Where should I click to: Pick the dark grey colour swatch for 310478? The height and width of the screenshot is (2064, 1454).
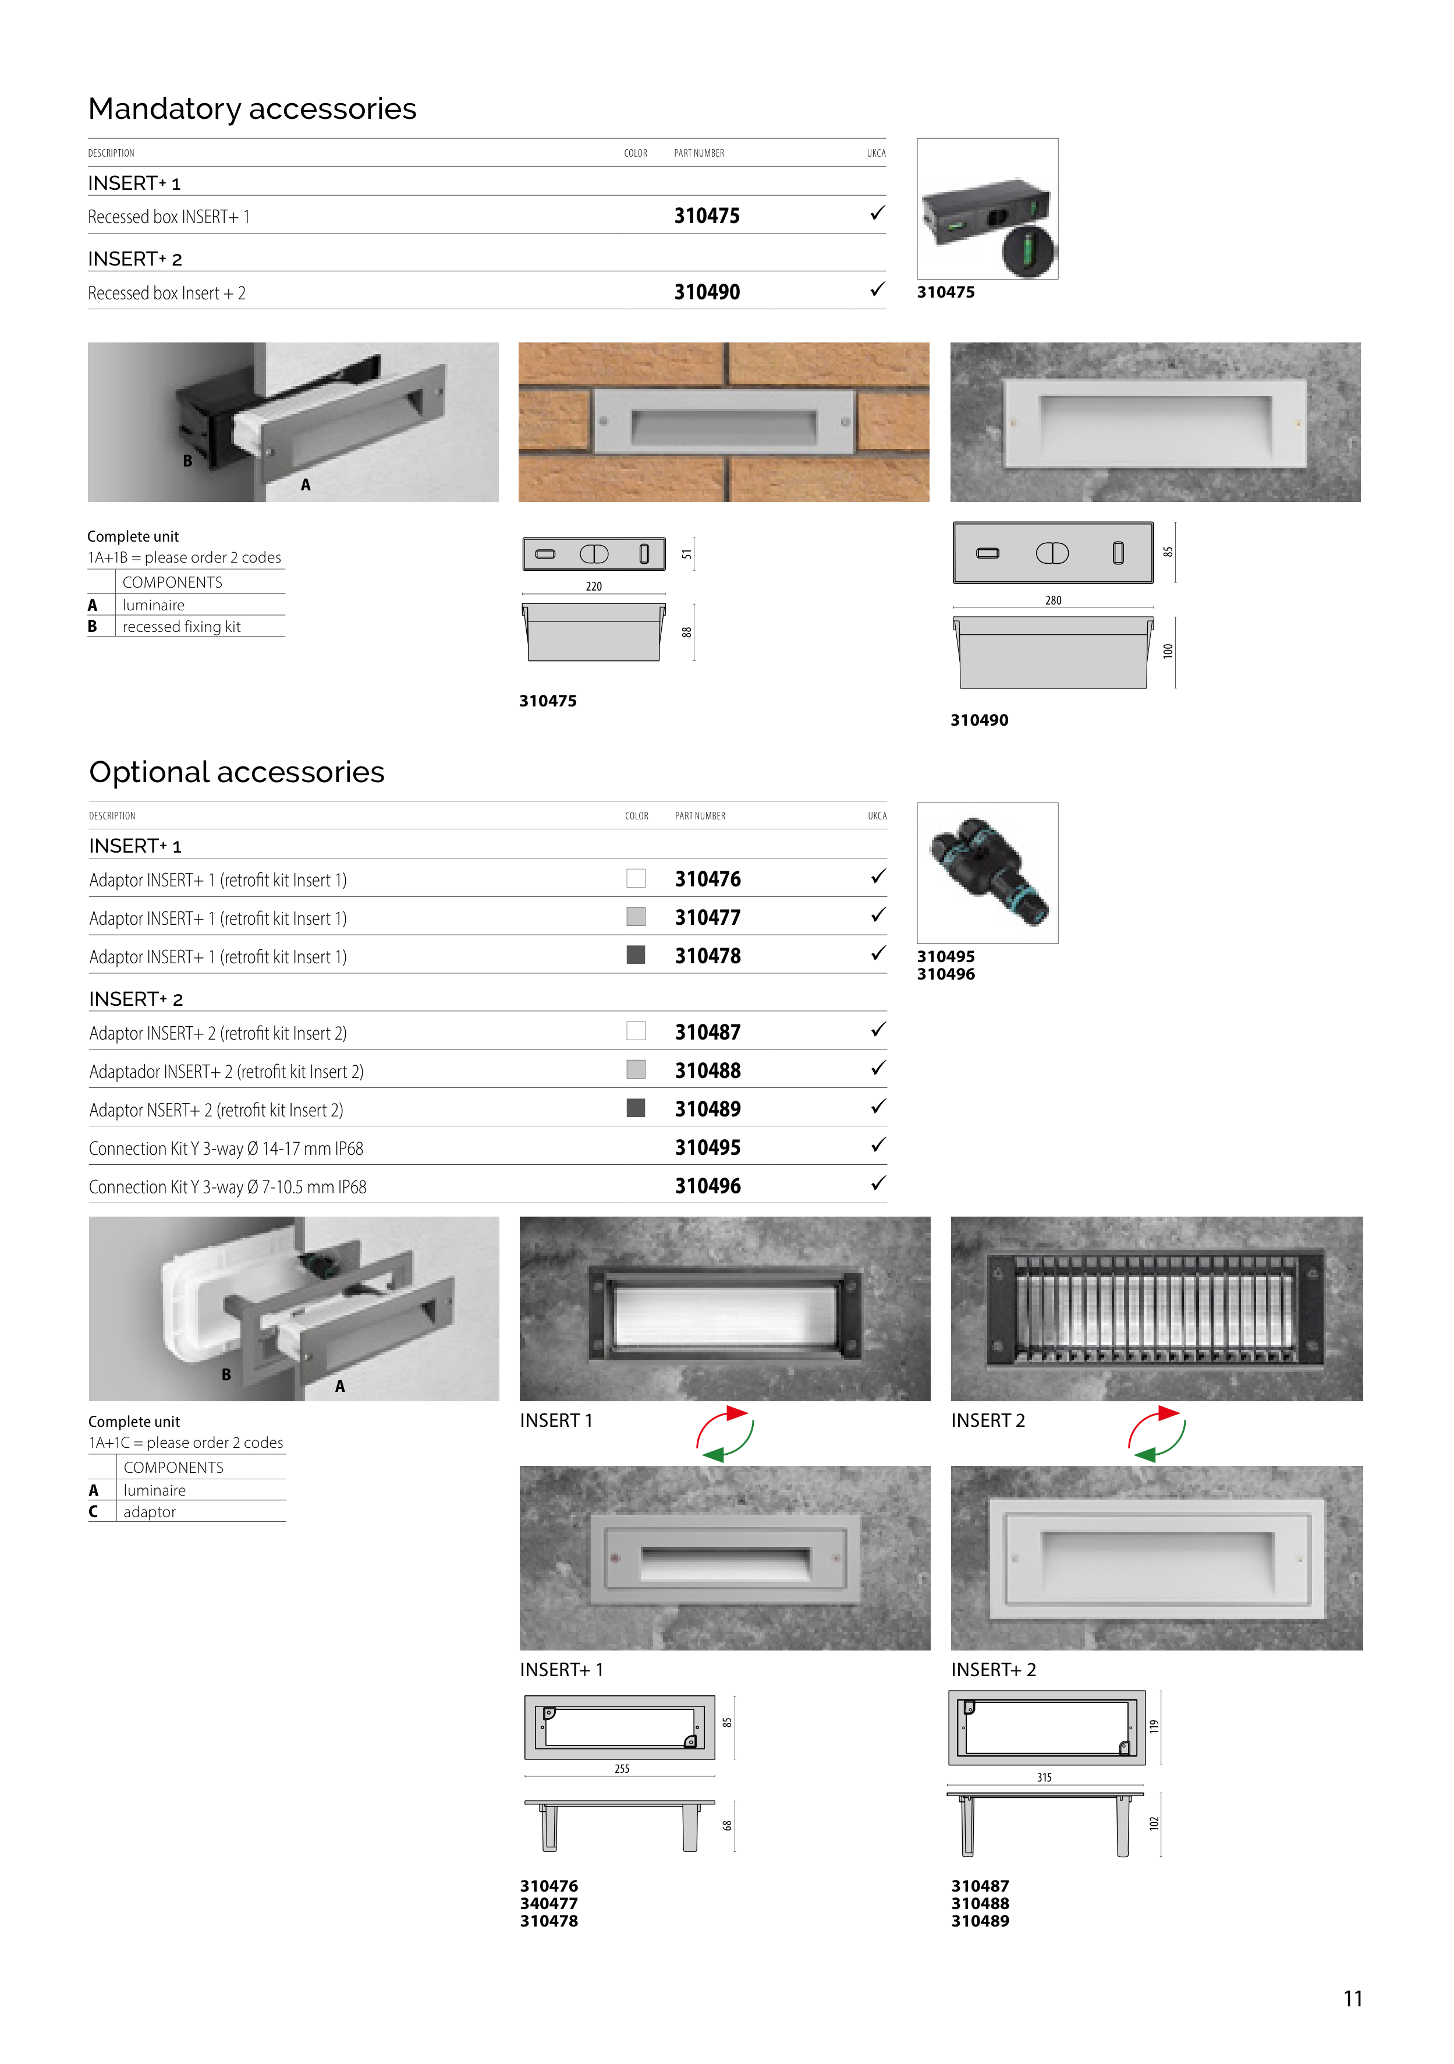tap(636, 955)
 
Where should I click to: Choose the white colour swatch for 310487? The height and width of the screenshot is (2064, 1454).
tap(636, 1031)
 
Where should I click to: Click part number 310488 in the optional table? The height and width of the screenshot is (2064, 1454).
tap(707, 1070)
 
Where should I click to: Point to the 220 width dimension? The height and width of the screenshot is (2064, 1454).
tap(594, 586)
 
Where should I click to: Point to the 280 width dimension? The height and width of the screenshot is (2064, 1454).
tap(1053, 600)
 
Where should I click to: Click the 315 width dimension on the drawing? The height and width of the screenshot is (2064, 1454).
tap(1044, 1777)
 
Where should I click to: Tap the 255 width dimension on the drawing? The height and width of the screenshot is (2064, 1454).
tap(622, 1768)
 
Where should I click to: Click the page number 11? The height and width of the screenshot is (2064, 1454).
tap(1353, 1998)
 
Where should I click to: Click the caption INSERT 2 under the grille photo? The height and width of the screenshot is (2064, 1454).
tap(988, 1420)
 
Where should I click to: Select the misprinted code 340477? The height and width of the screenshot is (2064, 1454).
tap(549, 1903)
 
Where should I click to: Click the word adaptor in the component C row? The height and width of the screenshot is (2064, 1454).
tap(149, 1512)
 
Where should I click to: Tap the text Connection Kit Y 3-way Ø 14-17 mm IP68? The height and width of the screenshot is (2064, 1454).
tap(226, 1149)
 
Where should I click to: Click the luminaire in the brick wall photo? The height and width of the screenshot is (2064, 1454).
tap(724, 422)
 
